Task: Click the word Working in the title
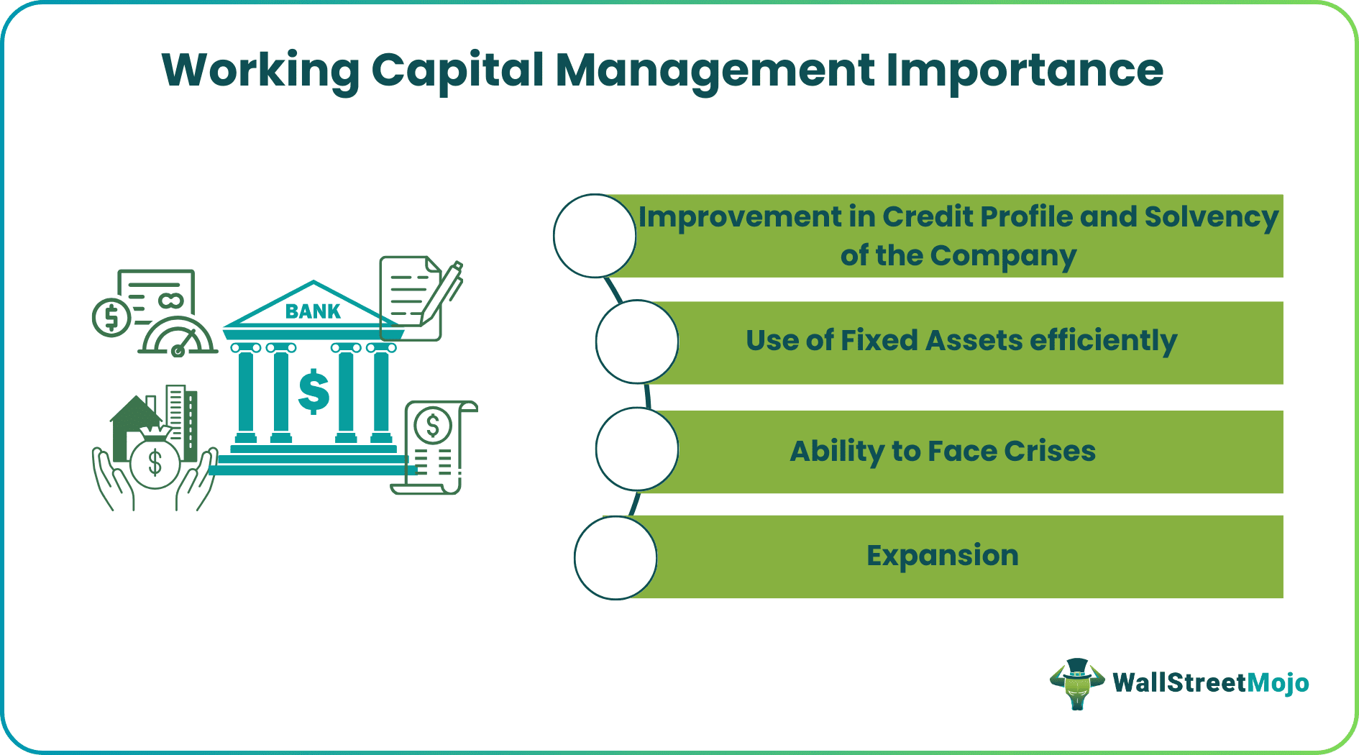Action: click(260, 72)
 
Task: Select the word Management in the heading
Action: click(715, 72)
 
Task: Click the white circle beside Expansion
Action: click(616, 558)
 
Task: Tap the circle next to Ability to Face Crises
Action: click(637, 449)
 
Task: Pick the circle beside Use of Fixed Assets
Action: click(637, 342)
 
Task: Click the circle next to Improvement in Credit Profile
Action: click(595, 236)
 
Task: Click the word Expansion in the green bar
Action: click(942, 556)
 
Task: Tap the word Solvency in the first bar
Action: click(1211, 217)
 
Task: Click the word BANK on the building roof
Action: click(313, 311)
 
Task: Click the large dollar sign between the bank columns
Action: click(314, 392)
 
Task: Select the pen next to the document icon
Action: click(443, 291)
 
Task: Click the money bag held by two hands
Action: click(155, 460)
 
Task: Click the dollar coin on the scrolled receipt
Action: click(432, 426)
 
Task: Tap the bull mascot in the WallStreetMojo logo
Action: click(1076, 683)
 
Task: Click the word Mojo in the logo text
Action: click(1278, 682)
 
